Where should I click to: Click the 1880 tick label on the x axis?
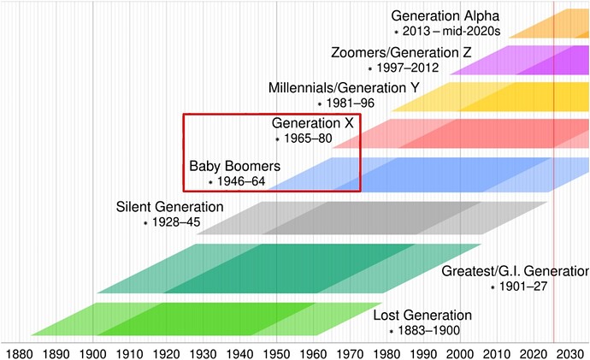click(x=19, y=354)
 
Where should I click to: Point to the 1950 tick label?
click(x=276, y=354)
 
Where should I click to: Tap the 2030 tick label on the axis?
click(x=571, y=354)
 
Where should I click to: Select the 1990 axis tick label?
click(x=423, y=354)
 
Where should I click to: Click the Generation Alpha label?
click(x=445, y=15)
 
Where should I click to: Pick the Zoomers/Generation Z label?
click(x=401, y=52)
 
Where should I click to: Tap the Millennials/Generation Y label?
click(x=344, y=88)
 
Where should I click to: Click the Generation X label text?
click(x=312, y=123)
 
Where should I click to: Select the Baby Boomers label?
click(x=235, y=166)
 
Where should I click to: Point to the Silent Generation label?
click(x=169, y=207)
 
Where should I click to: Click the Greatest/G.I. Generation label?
click(x=515, y=271)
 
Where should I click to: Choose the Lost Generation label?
click(x=422, y=315)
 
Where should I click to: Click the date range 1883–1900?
click(x=429, y=331)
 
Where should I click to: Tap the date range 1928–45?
click(x=176, y=222)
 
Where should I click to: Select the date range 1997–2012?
click(x=408, y=68)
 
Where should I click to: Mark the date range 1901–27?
click(x=523, y=287)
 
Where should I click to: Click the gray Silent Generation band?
click(x=372, y=218)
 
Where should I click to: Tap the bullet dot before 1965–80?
click(x=277, y=139)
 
